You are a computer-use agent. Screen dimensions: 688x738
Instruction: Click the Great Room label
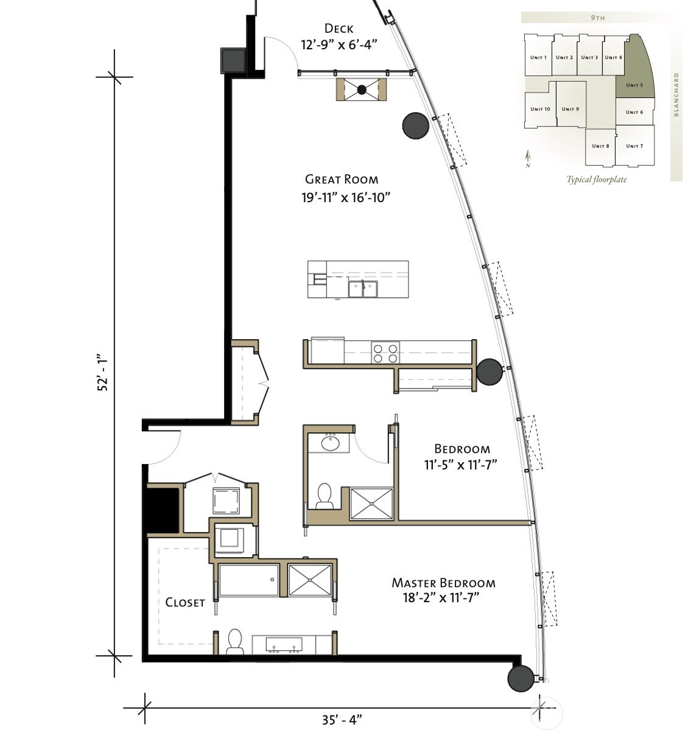pyautogui.click(x=342, y=180)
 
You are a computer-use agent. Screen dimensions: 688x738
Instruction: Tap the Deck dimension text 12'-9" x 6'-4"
pyautogui.click(x=339, y=45)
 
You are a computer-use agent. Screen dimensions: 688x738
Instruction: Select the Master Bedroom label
pyautogui.click(x=443, y=583)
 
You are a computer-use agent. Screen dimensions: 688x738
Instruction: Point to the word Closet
pyautogui.click(x=184, y=602)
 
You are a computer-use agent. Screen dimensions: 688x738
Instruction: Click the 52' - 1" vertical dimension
pyautogui.click(x=102, y=371)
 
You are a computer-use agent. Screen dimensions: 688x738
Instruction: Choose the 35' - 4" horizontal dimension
pyautogui.click(x=342, y=720)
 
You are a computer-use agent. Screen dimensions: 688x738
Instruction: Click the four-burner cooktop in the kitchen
pyautogui.click(x=385, y=353)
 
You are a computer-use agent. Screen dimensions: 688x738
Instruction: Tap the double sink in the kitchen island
pyautogui.click(x=363, y=289)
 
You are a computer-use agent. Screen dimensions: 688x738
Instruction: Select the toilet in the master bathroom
pyautogui.click(x=235, y=642)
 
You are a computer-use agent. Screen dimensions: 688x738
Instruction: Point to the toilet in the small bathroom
pyautogui.click(x=325, y=496)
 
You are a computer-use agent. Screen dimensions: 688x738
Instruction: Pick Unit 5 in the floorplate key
pyautogui.click(x=634, y=85)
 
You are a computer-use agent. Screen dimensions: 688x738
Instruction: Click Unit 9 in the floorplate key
pyautogui.click(x=570, y=109)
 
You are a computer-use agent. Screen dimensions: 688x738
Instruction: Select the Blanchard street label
pyautogui.click(x=676, y=94)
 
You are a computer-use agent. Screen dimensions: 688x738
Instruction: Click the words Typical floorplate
pyautogui.click(x=596, y=180)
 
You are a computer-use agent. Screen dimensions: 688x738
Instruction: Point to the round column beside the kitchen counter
pyautogui.click(x=490, y=371)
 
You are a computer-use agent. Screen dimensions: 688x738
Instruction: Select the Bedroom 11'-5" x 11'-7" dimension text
pyautogui.click(x=460, y=465)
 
